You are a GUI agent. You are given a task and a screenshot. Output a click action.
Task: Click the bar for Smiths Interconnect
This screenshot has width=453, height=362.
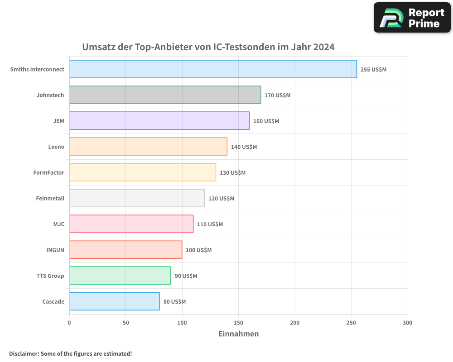click(213, 69)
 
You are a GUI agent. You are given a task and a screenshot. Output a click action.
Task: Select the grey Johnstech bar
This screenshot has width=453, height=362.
click(165, 95)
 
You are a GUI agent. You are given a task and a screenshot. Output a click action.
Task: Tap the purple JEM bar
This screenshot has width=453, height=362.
click(159, 121)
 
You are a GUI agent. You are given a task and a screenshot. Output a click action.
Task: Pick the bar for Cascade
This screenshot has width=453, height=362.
click(114, 301)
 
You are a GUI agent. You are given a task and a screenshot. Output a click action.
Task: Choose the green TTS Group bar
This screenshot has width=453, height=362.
click(120, 276)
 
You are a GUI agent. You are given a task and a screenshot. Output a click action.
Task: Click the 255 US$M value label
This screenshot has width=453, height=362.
click(373, 70)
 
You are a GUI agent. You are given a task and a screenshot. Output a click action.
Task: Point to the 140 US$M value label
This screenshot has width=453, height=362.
click(244, 147)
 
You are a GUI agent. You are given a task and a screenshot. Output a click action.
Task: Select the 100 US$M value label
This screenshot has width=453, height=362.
click(198, 250)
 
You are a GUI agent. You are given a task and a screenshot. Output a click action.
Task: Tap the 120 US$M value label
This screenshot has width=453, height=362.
click(221, 199)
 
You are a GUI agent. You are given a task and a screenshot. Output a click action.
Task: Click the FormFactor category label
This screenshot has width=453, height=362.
click(48, 172)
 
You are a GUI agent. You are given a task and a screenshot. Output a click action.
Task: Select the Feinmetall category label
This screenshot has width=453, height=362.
click(50, 198)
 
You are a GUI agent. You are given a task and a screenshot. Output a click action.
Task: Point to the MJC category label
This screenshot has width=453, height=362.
click(58, 224)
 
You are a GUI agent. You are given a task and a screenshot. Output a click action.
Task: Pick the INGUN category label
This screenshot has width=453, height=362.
click(55, 250)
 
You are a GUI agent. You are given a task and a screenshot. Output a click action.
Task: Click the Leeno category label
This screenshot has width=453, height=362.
click(56, 147)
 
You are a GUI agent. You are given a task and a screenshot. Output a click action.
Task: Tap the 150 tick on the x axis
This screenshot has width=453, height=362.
click(238, 323)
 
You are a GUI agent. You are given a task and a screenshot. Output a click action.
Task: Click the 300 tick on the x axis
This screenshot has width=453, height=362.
click(407, 323)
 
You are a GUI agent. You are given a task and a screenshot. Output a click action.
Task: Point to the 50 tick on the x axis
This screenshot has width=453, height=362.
click(125, 323)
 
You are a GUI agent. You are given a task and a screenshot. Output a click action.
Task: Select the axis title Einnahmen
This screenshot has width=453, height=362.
click(238, 334)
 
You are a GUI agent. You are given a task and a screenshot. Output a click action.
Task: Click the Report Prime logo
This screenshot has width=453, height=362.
click(412, 18)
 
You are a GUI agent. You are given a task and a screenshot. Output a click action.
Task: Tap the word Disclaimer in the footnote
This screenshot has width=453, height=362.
click(24, 353)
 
